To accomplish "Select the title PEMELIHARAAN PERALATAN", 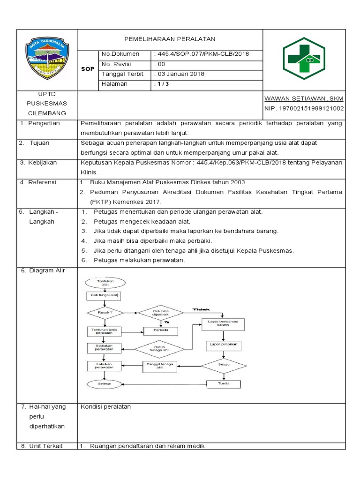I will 170,39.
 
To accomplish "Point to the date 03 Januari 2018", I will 181,74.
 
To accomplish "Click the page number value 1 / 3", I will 164,84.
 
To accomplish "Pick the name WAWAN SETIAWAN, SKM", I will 304,98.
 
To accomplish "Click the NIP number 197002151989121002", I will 304,109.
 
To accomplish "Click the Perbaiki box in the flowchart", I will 161,331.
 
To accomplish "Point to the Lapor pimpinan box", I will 223,345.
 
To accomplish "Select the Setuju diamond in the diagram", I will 224,364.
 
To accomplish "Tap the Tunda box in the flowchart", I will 224,384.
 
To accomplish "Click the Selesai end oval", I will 105,384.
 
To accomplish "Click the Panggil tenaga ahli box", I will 161,366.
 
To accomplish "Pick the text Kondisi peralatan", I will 105,406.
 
